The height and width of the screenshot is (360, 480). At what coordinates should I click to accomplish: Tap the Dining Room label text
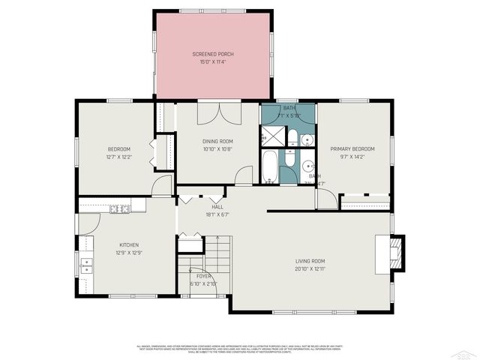(217, 141)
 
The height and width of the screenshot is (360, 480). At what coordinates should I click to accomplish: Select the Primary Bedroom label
(352, 148)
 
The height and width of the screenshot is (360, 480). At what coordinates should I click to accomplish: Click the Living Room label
(310, 260)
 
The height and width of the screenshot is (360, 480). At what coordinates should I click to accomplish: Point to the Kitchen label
(129, 245)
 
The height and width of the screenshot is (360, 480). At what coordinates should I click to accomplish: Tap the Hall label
(217, 207)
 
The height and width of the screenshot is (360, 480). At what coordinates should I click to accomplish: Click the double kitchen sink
(87, 268)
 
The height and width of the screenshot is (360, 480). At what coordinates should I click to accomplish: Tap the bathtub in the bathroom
(269, 166)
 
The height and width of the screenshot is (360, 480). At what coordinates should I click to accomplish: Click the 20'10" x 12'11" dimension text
(310, 268)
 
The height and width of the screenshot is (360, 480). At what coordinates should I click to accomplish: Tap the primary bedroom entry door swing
(325, 199)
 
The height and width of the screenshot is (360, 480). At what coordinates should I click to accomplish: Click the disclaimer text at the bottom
(240, 348)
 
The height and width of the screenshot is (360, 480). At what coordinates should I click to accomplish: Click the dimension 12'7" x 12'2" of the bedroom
(118, 157)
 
